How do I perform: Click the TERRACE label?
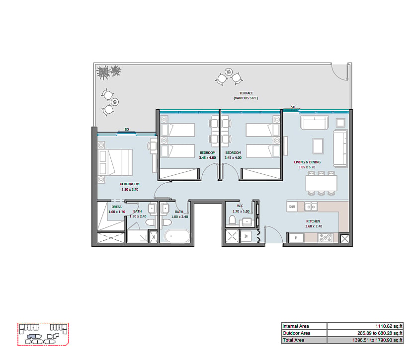tap(246, 93)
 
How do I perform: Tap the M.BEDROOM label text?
tap(130, 184)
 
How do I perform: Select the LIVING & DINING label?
tap(307, 162)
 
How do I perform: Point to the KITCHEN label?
tap(313, 221)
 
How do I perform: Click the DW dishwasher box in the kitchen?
tap(292, 207)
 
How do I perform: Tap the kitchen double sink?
tap(311, 207)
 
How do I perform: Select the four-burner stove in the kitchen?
tap(325, 237)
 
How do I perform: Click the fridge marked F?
tap(296, 238)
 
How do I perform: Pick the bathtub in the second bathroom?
tap(177, 236)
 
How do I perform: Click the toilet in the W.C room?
tap(232, 220)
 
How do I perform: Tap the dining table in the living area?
tap(321, 183)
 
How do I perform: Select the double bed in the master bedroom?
tap(115, 162)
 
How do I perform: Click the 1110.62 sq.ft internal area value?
tap(389, 326)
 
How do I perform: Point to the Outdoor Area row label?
tap(296, 333)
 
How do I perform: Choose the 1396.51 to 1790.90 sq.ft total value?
tap(377, 340)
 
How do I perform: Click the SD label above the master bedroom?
tap(127, 130)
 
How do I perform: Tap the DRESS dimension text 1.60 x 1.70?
tap(117, 212)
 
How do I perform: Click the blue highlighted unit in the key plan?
tap(31, 337)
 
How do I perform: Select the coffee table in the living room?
tap(318, 146)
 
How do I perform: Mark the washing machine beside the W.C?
tap(246, 236)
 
